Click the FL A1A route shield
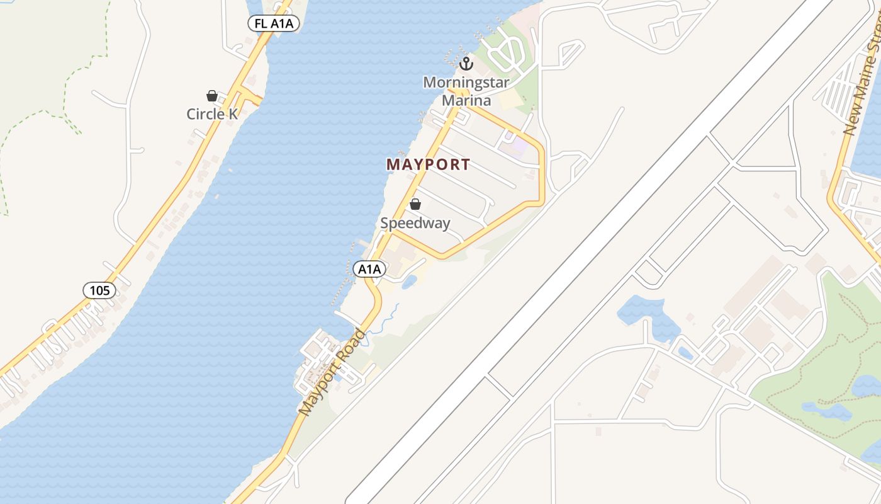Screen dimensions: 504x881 (274, 24)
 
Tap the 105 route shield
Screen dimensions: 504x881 (99, 290)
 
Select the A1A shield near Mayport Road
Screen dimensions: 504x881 (369, 269)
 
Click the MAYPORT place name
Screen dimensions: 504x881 (428, 164)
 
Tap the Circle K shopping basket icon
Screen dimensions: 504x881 (212, 96)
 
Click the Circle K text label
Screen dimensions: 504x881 (213, 114)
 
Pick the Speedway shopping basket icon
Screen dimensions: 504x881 (415, 204)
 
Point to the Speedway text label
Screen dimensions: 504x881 (415, 223)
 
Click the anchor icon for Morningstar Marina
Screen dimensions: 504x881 (466, 63)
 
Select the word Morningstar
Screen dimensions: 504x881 (466, 83)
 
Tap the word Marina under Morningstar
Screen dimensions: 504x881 (466, 100)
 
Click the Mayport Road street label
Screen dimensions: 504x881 (332, 372)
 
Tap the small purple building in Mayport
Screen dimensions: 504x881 (518, 148)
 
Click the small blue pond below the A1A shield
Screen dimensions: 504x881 (408, 282)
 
